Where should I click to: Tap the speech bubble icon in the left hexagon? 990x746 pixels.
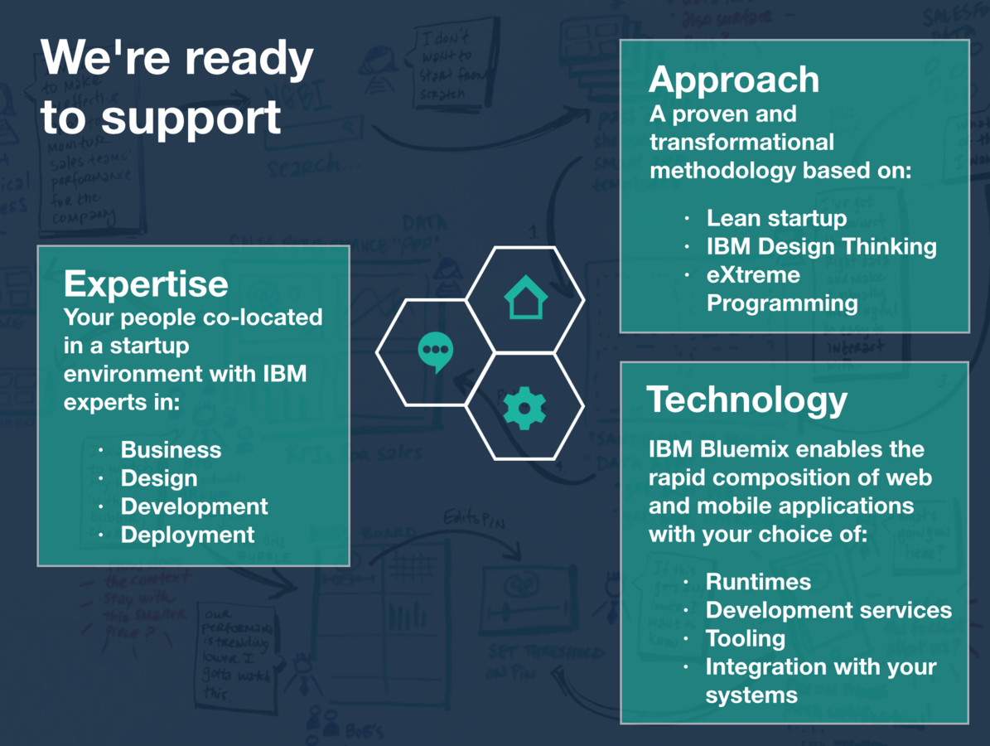coord(435,352)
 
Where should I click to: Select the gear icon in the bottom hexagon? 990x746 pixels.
coord(524,407)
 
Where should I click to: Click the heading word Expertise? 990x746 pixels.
coord(146,284)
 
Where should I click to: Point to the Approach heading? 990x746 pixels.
coord(734,80)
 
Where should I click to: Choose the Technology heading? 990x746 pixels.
coord(747,400)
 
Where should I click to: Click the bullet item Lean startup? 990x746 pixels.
coord(776,218)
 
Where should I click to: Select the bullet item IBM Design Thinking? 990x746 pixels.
coord(821,246)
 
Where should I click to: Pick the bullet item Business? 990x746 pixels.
coord(171,450)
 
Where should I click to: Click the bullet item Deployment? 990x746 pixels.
coord(187,535)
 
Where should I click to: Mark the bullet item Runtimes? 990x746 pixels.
coord(758,582)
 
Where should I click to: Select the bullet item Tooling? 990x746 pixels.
coord(745,638)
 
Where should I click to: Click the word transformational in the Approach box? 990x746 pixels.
coord(741,142)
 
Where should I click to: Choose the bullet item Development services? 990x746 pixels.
coord(828,610)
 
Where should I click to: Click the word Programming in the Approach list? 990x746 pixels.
coord(782,303)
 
